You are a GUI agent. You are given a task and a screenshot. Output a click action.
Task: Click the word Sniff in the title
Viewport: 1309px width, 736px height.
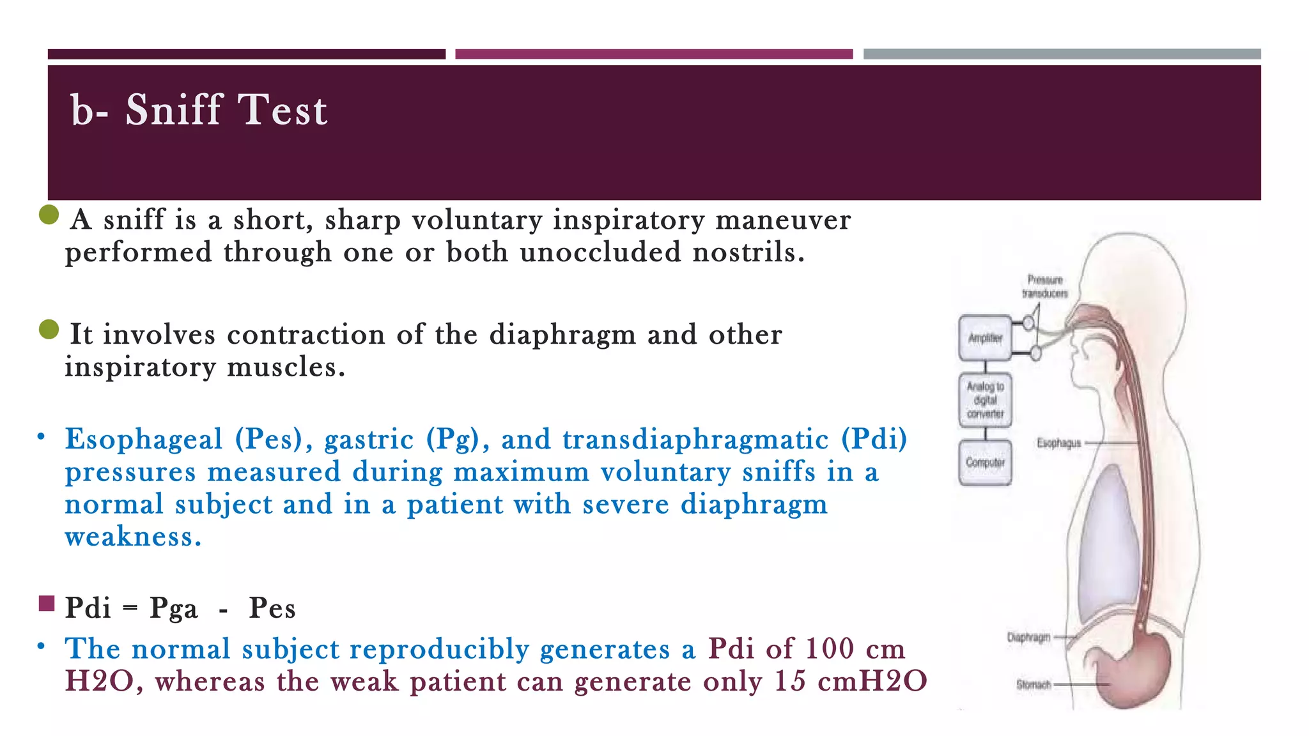pyautogui.click(x=173, y=109)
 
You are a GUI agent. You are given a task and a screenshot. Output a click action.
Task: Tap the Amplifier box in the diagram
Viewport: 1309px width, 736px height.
pyautogui.click(x=985, y=338)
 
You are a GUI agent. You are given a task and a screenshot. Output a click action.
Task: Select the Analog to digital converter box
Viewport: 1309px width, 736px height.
pyautogui.click(x=985, y=400)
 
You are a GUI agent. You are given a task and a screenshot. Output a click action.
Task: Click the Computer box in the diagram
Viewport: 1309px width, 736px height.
pyautogui.click(x=985, y=462)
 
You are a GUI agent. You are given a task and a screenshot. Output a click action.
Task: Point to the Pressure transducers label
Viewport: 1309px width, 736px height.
pyautogui.click(x=1045, y=286)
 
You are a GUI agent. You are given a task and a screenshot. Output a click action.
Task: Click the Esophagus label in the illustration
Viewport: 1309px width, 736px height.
pyautogui.click(x=1058, y=443)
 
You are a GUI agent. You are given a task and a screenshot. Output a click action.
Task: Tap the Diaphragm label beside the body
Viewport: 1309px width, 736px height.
pyautogui.click(x=1028, y=637)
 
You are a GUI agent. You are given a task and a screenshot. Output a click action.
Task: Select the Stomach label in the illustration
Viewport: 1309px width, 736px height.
pyautogui.click(x=1034, y=684)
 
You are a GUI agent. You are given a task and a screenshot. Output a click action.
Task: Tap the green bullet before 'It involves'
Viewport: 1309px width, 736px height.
pyautogui.click(x=49, y=330)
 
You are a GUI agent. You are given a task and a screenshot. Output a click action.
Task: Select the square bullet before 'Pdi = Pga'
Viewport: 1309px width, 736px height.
pyautogui.click(x=47, y=603)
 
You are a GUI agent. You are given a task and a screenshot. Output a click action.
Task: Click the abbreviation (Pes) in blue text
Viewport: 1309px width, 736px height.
pyautogui.click(x=269, y=439)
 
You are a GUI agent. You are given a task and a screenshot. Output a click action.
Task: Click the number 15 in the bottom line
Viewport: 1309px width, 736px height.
pyautogui.click(x=789, y=681)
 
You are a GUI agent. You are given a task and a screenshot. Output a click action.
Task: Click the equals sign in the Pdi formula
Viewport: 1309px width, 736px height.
pyautogui.click(x=130, y=608)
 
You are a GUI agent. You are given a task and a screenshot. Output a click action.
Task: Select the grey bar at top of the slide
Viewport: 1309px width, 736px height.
pyautogui.click(x=1062, y=54)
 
